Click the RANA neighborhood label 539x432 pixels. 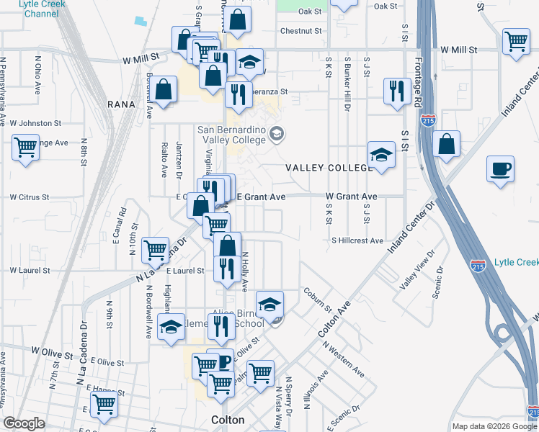[x=121, y=104]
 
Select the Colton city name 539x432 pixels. [x=228, y=420]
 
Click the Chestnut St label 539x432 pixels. [x=300, y=31]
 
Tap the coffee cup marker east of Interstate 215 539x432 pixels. [x=501, y=170]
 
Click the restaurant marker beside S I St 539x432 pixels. [x=396, y=90]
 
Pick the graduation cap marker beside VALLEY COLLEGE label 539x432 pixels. [x=381, y=154]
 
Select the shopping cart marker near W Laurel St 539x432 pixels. [x=156, y=250]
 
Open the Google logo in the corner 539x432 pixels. [x=24, y=423]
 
